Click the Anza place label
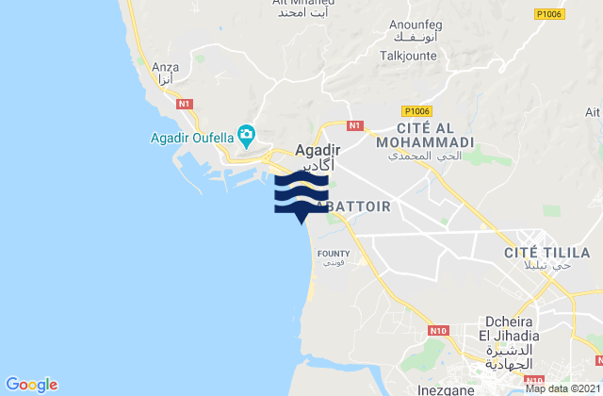pyautogui.click(x=166, y=68)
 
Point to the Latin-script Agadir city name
pyautogui.click(x=318, y=149)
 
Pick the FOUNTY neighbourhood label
pyautogui.click(x=334, y=253)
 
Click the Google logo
pyautogui.click(x=31, y=385)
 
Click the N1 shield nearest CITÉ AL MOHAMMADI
pyautogui.click(x=354, y=124)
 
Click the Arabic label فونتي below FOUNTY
pyautogui.click(x=333, y=263)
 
